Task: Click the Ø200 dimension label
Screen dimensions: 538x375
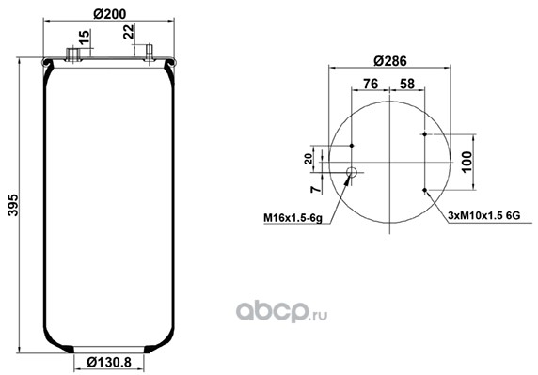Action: tap(110, 14)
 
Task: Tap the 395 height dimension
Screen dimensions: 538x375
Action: tap(13, 205)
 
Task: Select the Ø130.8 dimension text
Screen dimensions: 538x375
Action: tap(109, 362)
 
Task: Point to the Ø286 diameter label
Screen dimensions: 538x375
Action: tap(389, 61)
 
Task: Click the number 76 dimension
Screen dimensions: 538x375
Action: tap(371, 84)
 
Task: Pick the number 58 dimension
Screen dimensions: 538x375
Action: tap(407, 84)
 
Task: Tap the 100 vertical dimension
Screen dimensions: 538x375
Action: tap(467, 162)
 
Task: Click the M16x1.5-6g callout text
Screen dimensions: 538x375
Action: tap(293, 218)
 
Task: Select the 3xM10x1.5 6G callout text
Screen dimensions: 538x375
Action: tap(484, 215)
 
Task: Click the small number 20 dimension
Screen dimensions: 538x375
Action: tap(309, 158)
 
